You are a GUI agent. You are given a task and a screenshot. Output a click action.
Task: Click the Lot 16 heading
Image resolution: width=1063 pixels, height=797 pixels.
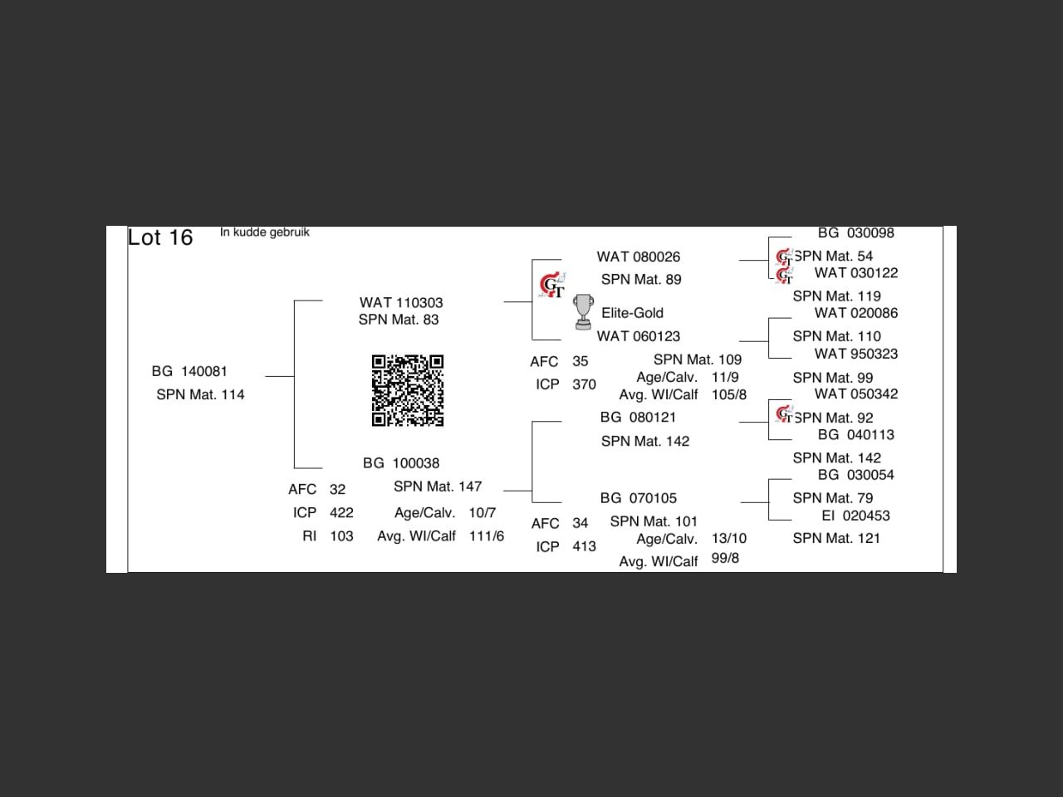tap(160, 238)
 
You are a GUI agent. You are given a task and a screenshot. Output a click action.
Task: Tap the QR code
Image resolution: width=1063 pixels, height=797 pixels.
tap(407, 390)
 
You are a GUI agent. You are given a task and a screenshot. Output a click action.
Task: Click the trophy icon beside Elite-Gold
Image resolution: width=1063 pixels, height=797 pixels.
tap(583, 312)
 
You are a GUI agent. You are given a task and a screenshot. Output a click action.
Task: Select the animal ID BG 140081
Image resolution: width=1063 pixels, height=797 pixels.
tap(189, 371)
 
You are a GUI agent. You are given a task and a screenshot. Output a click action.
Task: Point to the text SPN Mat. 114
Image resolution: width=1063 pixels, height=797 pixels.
tap(200, 394)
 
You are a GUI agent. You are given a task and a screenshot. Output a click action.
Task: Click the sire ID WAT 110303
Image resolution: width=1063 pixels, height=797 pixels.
tap(401, 303)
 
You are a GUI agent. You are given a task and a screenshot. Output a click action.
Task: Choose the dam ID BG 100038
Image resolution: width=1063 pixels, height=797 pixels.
tap(401, 463)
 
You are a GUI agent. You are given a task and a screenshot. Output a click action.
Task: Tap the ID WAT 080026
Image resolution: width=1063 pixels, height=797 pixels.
tap(638, 257)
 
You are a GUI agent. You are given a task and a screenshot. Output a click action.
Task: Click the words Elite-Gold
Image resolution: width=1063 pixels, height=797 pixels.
tap(632, 313)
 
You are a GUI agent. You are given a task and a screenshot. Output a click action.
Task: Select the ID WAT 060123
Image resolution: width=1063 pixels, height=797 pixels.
tap(638, 336)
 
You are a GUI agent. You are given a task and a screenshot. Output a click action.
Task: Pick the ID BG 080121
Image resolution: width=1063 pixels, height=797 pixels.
tap(638, 418)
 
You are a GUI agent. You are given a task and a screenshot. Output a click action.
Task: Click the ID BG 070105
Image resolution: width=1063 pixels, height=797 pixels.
tap(638, 498)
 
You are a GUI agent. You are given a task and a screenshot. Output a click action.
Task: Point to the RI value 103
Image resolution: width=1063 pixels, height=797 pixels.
tap(341, 536)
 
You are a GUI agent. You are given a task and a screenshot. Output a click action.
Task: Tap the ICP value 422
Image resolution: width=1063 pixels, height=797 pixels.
tap(341, 513)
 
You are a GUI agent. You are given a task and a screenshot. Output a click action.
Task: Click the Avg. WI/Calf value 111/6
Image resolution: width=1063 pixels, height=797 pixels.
tap(487, 536)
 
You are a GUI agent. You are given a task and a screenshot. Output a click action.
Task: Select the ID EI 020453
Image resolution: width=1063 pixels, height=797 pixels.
tap(855, 516)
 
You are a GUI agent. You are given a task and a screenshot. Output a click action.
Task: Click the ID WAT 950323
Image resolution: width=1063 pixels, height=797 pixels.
tap(855, 354)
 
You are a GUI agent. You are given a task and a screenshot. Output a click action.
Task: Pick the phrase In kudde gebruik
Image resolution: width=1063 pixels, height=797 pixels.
tap(265, 232)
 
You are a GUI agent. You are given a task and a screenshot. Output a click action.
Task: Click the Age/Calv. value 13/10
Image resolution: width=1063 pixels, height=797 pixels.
tap(729, 539)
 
